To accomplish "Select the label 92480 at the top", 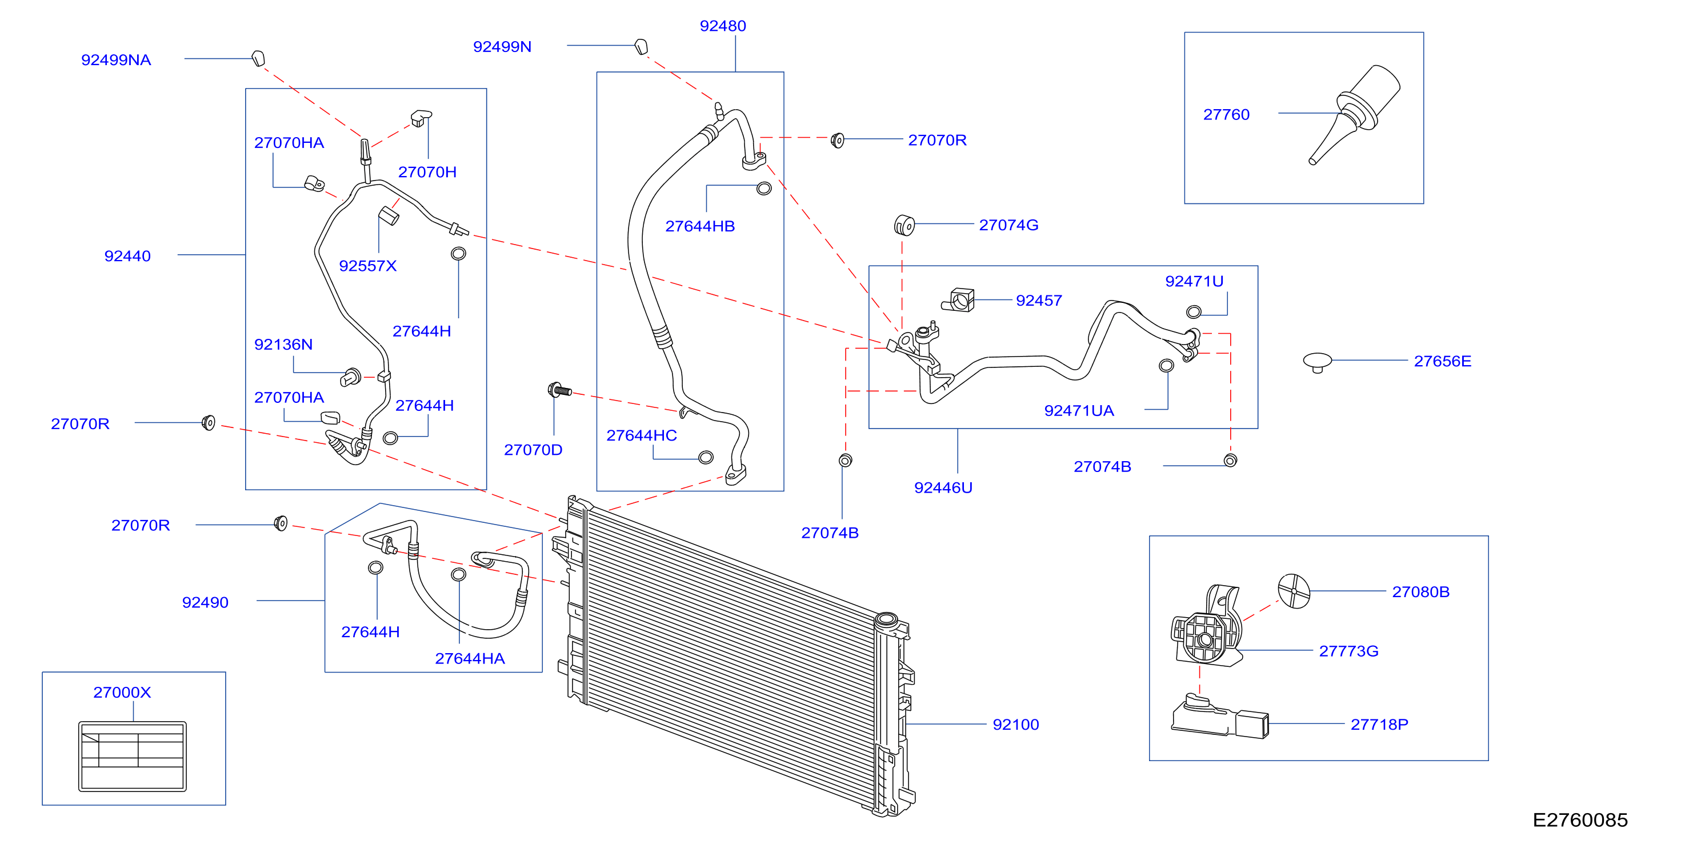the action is click(x=722, y=26).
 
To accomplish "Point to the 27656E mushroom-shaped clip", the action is click(x=1317, y=362).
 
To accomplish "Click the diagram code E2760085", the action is click(x=1579, y=820).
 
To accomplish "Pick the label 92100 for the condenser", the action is click(x=1015, y=725).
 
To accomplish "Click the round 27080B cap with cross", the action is click(x=1294, y=591).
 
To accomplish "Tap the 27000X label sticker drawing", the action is click(x=132, y=756).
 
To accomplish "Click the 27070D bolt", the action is click(x=559, y=390).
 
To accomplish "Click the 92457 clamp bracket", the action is click(x=958, y=301).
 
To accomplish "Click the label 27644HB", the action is click(x=699, y=226).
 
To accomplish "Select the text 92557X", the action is click(x=367, y=266).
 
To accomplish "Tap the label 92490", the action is click(x=205, y=602).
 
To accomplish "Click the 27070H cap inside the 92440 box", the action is click(x=421, y=118).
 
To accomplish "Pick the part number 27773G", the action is click(x=1348, y=651).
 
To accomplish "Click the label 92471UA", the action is click(x=1079, y=411).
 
